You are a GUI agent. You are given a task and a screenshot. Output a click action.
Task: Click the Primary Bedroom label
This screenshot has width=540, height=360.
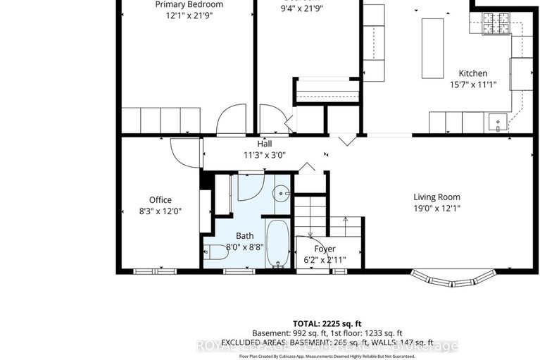[x=189, y=4]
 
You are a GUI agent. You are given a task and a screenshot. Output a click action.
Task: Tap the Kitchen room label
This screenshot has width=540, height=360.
[x=472, y=73]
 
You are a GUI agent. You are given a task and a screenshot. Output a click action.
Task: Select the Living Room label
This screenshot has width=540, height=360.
[x=437, y=197]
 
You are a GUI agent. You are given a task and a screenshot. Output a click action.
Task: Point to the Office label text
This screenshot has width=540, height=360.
[x=160, y=199]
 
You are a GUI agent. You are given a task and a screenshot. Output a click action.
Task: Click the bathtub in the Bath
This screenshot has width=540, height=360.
[x=278, y=243]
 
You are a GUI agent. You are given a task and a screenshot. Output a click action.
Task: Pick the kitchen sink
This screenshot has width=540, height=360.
[x=497, y=123]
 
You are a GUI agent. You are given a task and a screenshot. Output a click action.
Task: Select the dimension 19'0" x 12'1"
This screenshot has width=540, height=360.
[x=437, y=208]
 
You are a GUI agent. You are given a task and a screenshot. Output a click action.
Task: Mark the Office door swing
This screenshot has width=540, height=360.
[x=185, y=150]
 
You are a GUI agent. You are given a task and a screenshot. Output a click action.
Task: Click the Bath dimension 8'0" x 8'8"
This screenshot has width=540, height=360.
[x=244, y=247]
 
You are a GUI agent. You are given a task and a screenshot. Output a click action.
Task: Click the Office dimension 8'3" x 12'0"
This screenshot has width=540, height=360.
[x=160, y=210]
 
